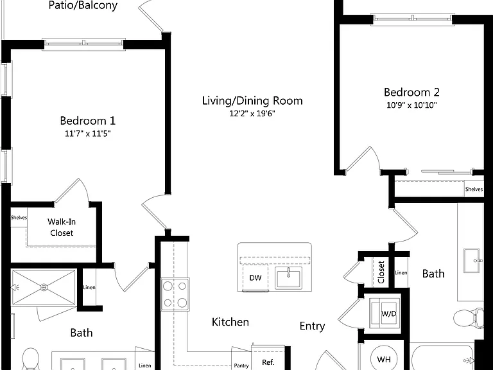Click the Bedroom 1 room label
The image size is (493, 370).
88,121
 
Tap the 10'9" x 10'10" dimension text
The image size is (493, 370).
411,105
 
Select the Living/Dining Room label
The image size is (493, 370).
252,101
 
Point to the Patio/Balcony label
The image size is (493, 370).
83,5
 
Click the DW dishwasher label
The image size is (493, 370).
255,277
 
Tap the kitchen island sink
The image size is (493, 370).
288,277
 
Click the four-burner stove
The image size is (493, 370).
175,294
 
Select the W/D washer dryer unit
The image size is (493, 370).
384,313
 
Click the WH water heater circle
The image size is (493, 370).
384,359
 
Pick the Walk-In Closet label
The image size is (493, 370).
62,227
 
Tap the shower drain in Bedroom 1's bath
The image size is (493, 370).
44,287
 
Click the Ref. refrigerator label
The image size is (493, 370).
268,362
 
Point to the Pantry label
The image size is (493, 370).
241,366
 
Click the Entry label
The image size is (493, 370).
312,326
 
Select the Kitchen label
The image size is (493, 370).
230,322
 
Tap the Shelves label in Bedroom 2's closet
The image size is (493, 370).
474,189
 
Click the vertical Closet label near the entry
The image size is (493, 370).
381,272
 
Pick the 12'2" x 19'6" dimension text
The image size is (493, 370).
252,114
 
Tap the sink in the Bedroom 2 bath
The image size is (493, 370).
471,261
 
